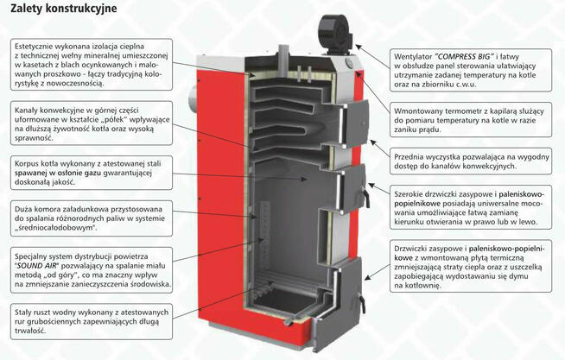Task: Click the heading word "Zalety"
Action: click(29, 12)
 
